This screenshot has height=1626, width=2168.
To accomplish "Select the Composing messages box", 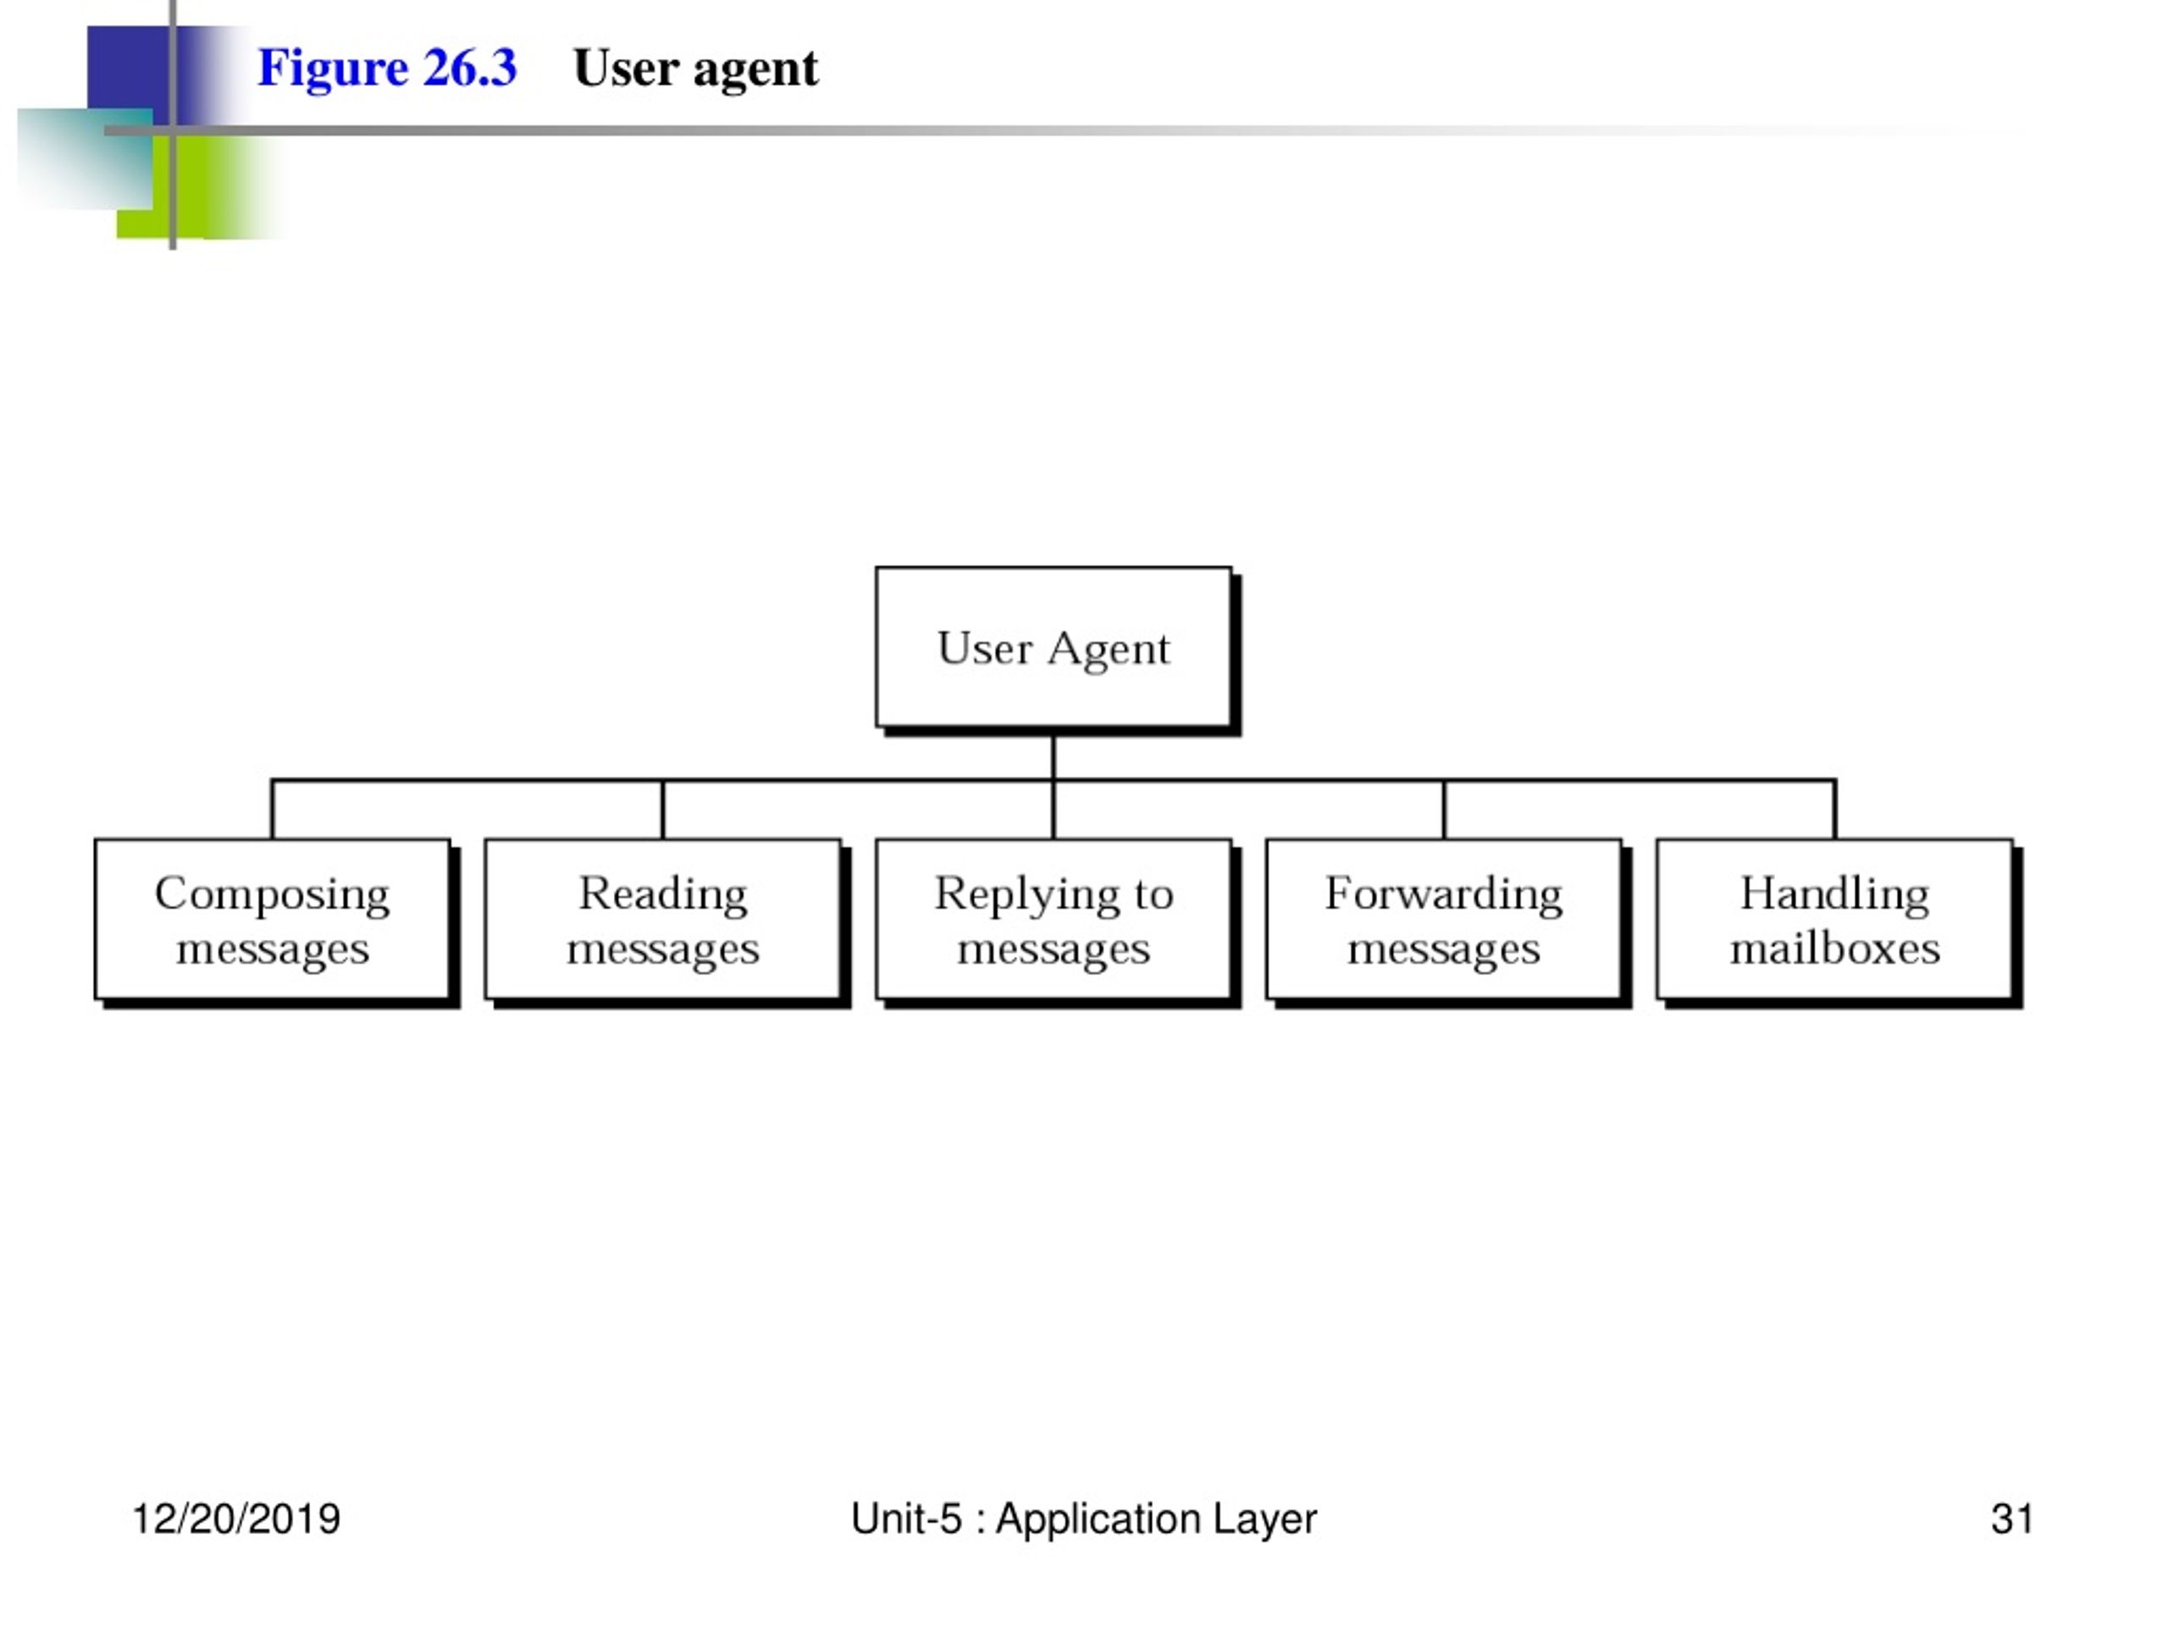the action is (275, 923).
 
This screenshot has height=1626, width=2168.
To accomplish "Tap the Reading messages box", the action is (666, 923).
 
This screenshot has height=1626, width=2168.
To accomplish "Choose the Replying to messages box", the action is (1057, 923).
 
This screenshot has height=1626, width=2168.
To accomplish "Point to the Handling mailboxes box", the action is (1838, 923).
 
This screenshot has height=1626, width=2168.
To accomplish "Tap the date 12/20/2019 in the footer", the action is (236, 1518).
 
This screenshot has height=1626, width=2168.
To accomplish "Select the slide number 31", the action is (2011, 1518).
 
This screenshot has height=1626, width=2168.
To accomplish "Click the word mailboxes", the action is (1835, 948).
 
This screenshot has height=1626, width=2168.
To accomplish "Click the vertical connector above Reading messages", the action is (662, 810).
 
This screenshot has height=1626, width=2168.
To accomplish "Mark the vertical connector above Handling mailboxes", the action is (1835, 810).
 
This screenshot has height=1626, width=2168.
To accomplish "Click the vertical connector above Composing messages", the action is (273, 810).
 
